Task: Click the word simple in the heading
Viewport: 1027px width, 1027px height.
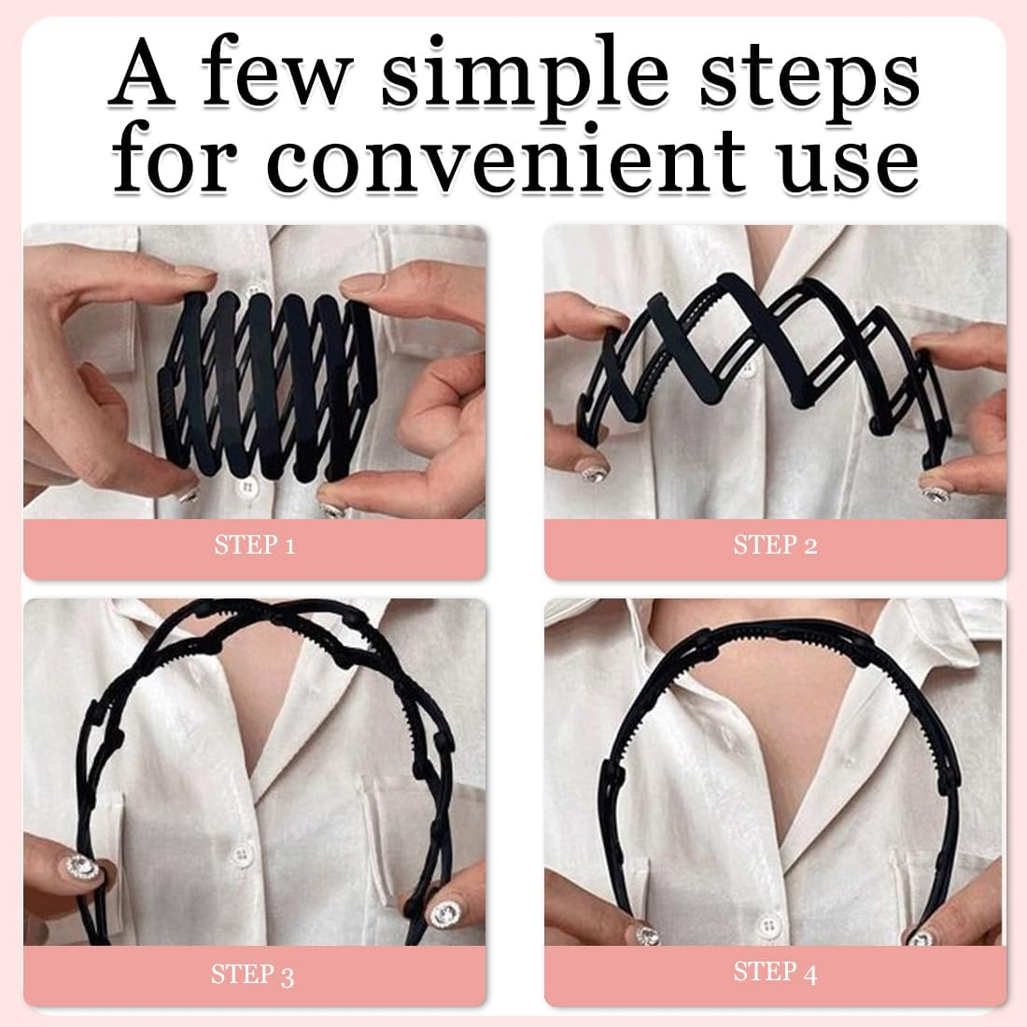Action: (525, 77)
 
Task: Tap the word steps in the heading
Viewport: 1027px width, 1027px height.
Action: (809, 78)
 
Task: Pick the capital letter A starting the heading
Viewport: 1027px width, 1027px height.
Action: (142, 73)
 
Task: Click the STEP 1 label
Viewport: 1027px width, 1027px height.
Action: (255, 545)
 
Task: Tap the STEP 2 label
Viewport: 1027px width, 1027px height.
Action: (776, 545)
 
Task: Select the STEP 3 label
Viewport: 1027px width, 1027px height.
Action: (253, 975)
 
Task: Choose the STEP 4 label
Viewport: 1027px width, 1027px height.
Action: (776, 972)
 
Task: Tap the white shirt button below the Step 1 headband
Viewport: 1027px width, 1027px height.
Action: (247, 488)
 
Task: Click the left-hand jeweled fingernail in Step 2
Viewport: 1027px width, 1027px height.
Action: (596, 472)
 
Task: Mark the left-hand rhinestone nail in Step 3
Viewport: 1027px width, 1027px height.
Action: (81, 868)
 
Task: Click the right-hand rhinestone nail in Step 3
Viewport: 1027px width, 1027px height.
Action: (445, 913)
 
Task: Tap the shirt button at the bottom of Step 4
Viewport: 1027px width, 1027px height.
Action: (767, 926)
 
